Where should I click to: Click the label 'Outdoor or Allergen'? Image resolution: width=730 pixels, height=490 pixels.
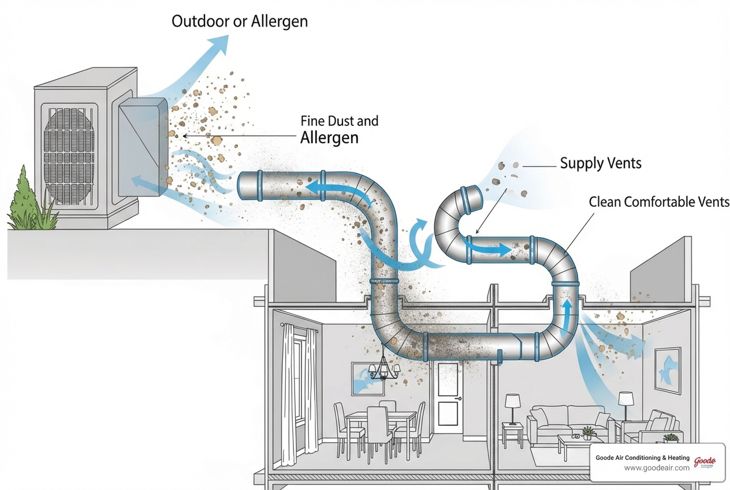click(x=240, y=22)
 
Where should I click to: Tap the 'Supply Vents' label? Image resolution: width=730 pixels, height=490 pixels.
click(x=601, y=164)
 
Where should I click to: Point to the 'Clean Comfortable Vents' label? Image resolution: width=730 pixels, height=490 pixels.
click(x=659, y=202)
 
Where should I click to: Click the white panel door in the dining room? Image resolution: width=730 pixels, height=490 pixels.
click(x=448, y=398)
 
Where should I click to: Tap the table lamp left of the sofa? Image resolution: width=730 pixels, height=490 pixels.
click(x=512, y=407)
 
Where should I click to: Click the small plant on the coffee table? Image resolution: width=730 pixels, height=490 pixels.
click(x=588, y=432)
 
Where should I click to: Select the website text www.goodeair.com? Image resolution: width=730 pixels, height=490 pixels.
click(x=657, y=468)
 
